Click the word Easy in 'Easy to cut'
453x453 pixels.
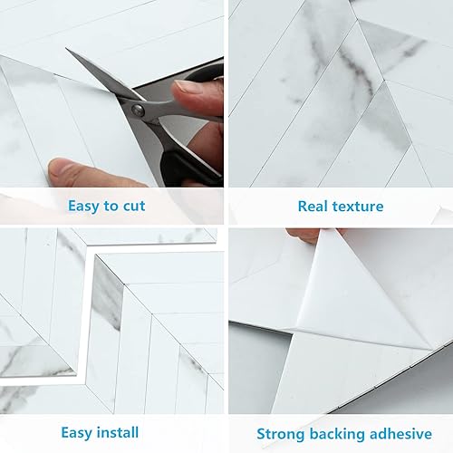pos(84,206)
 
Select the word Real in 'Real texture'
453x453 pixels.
pos(313,206)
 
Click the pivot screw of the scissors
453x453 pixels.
pos(138,110)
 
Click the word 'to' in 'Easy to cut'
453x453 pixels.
pos(113,206)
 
